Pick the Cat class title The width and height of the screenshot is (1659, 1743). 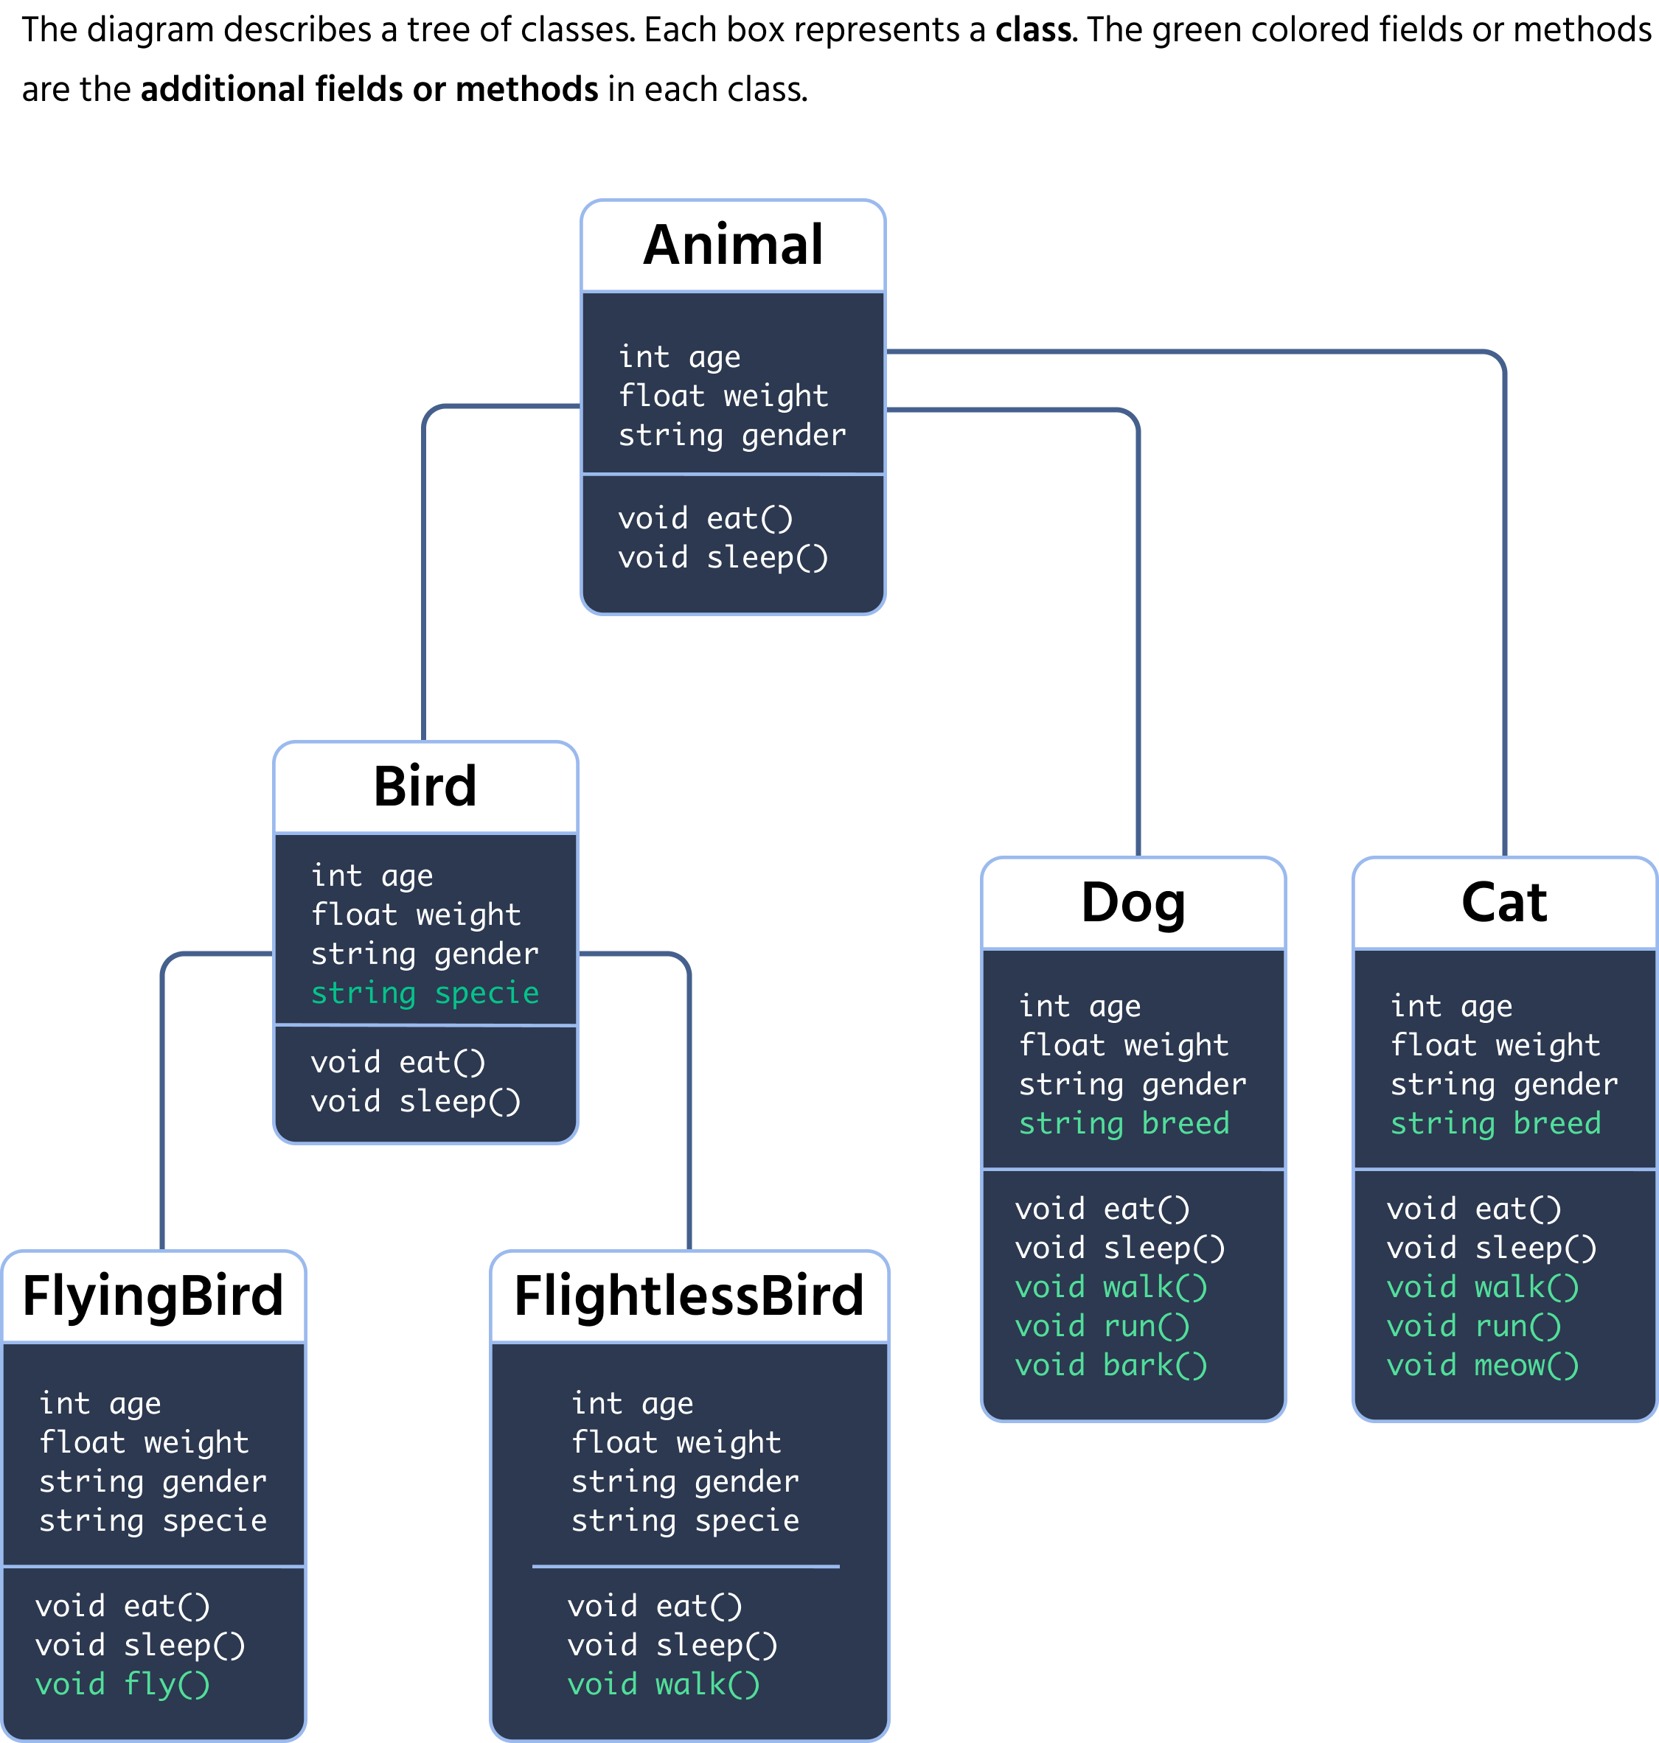[1503, 904]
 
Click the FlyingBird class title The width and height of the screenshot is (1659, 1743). [153, 1296]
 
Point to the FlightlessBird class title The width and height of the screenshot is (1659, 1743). [688, 1296]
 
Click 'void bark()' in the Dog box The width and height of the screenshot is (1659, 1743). [1110, 1366]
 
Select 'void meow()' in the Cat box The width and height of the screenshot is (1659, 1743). [1482, 1366]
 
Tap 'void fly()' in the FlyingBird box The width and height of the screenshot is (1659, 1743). [123, 1685]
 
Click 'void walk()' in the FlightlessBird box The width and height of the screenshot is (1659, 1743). [664, 1685]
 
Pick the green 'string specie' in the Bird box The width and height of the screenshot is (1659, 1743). [425, 993]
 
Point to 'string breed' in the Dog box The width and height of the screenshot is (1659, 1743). [1123, 1123]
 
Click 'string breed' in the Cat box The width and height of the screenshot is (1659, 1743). [1495, 1123]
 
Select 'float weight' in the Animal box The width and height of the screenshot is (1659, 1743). [723, 396]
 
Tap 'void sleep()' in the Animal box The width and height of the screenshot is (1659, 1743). [723, 558]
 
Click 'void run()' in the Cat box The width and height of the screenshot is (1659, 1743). [1473, 1327]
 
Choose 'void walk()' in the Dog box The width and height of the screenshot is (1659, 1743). [1110, 1288]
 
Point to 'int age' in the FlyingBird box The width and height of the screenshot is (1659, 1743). [100, 1403]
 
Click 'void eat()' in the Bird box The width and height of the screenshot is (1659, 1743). [398, 1063]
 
